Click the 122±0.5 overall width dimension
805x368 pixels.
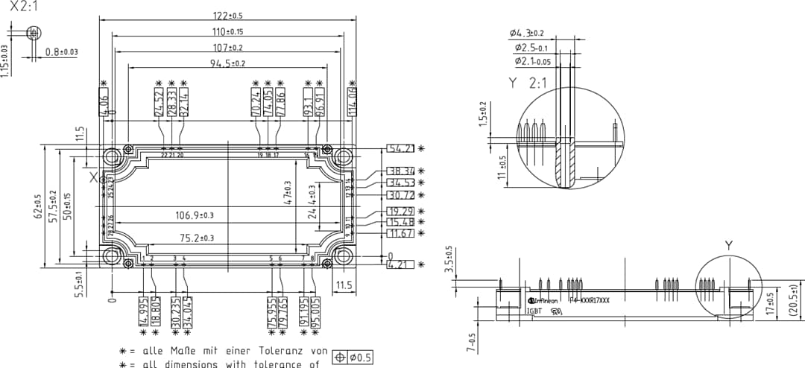227,16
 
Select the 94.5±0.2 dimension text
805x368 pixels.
227,64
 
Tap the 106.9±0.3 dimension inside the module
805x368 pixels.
194,215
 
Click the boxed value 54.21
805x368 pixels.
401,148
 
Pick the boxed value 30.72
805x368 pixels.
401,195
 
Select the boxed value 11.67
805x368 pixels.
401,234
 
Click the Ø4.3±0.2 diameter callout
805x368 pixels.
527,34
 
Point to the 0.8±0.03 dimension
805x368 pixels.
61,52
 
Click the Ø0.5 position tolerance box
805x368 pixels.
354,358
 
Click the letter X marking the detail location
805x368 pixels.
93,177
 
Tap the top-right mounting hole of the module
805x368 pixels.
342,157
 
